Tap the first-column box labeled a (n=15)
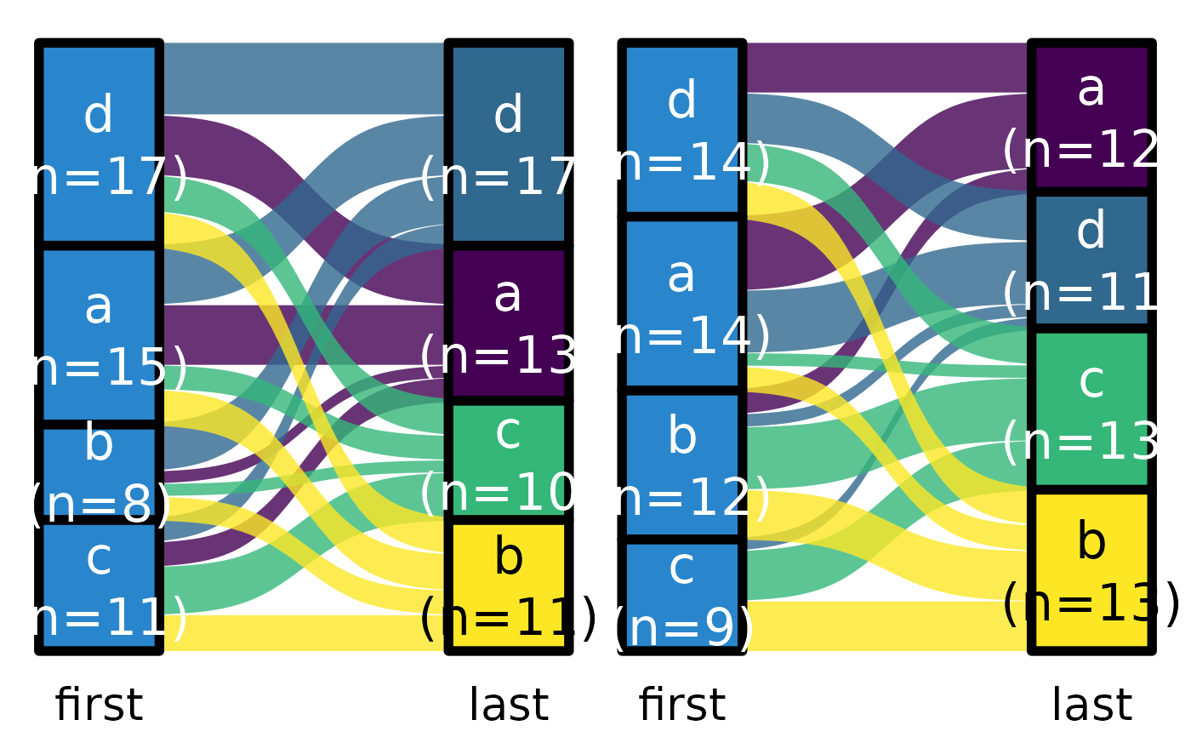(99, 334)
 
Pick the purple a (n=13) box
(508, 323)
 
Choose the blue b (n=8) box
(99, 472)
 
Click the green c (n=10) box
(508, 460)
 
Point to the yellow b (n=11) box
(508, 586)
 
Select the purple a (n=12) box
(1091, 117)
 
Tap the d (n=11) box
(1091, 260)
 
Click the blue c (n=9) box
(682, 596)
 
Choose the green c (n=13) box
(1091, 408)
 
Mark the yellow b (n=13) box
(1091, 571)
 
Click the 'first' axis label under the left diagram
(99, 706)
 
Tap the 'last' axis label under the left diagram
(508, 706)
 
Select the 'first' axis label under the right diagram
(682, 706)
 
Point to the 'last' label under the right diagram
(1091, 706)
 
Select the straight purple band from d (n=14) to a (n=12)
(885, 67)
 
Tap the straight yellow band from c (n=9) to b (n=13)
(885, 626)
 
